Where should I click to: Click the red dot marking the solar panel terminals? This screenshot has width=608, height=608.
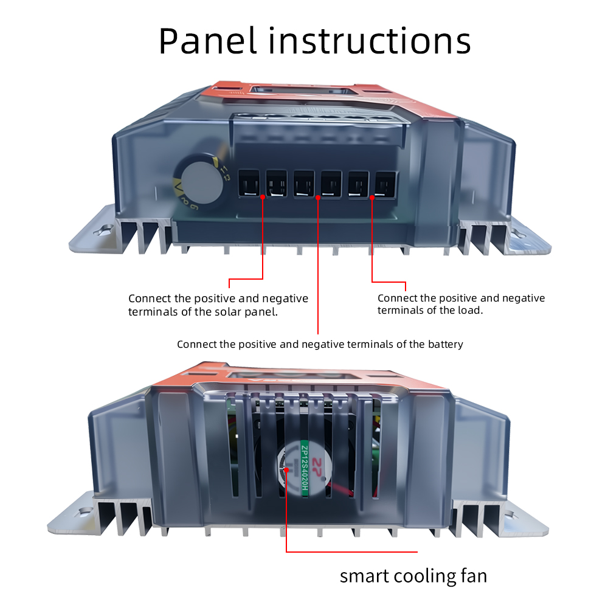point(263,196)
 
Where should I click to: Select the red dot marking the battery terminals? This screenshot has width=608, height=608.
point(318,196)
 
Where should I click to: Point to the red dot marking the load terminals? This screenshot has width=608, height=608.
point(372,196)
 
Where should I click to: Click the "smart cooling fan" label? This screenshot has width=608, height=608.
point(413,575)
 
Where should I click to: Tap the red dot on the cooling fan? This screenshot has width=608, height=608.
point(286,469)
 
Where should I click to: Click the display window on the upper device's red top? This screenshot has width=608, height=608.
point(304,91)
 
